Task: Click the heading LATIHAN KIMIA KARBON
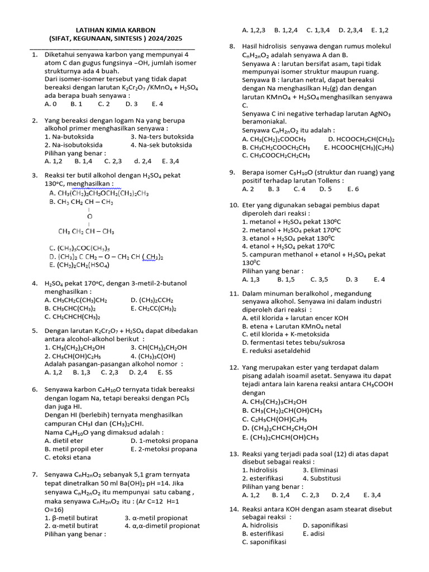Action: (x=115, y=30)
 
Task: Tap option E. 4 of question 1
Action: (x=157, y=104)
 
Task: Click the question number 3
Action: (x=35, y=175)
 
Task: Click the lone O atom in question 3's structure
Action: (x=90, y=216)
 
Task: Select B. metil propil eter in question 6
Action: (x=74, y=449)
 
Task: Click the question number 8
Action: (x=232, y=46)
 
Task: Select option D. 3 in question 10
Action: (x=352, y=279)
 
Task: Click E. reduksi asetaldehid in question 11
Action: (x=275, y=351)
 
